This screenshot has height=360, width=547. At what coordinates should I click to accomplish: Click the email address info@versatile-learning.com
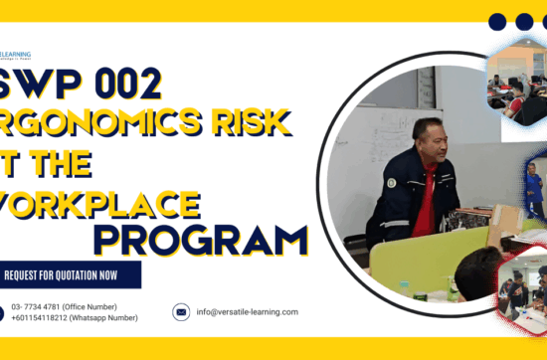coord(247,311)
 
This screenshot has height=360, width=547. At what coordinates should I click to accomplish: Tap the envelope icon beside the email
coord(181,311)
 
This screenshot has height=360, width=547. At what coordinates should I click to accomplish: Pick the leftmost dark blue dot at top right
coord(498,22)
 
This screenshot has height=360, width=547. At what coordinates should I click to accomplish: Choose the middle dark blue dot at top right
coord(524,22)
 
